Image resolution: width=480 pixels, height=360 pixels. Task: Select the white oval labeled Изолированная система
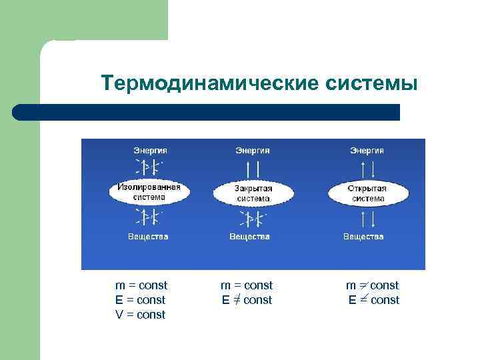click(149, 192)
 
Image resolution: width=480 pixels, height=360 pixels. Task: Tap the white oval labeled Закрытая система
click(253, 193)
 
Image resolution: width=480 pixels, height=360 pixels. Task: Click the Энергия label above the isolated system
click(149, 151)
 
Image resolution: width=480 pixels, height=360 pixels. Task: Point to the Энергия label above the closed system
click(253, 151)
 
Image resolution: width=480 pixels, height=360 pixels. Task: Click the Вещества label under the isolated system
click(149, 236)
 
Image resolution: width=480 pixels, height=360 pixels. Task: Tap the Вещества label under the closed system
click(250, 236)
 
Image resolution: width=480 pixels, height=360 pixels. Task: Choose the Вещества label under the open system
click(364, 236)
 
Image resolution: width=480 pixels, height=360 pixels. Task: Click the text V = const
click(140, 315)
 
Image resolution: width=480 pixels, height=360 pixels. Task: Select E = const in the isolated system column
click(140, 300)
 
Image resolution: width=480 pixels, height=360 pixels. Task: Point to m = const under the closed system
click(247, 285)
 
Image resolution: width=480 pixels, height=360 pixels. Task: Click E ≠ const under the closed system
click(247, 300)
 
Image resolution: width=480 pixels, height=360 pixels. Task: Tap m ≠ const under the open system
click(372, 285)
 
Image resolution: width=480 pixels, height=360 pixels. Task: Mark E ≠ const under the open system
click(373, 300)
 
